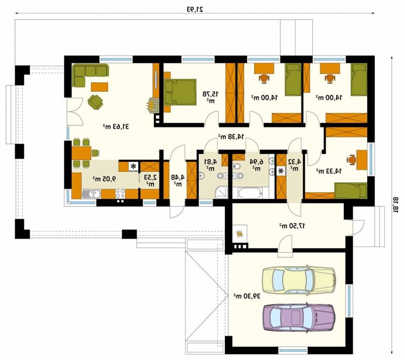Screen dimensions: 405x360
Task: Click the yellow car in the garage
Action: pos(299,279)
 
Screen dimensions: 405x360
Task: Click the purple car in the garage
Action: pos(299,317)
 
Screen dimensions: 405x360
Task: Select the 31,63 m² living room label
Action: pos(116,127)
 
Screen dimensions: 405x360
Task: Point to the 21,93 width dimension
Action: pos(195,9)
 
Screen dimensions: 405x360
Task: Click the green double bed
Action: pos(180,92)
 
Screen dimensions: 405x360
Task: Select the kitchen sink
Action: pos(91,194)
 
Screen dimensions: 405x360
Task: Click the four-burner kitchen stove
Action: pos(120,194)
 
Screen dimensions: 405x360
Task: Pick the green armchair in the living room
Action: pos(95,102)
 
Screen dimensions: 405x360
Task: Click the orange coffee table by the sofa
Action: pos(99,87)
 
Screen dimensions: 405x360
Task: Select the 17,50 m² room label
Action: pos(292,226)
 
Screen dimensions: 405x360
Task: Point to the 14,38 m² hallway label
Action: pos(231,137)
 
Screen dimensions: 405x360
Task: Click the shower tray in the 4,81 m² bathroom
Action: pos(221,192)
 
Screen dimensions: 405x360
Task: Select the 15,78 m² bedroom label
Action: pos(210,97)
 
